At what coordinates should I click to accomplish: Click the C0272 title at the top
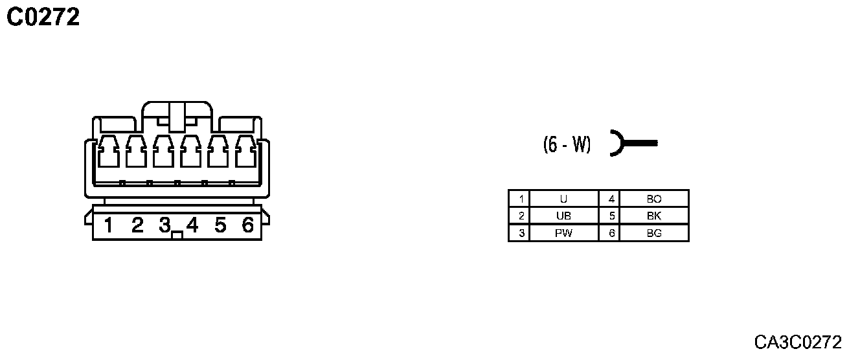[x=43, y=17]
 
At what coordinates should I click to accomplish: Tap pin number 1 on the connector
[x=109, y=225]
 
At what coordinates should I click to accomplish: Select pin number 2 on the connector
[x=137, y=225]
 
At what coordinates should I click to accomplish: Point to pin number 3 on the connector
[x=164, y=225]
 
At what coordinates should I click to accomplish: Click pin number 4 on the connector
[x=192, y=225]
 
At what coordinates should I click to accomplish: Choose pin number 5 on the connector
[x=220, y=225]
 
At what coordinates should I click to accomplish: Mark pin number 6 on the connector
[x=247, y=225]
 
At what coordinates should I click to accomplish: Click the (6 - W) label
[x=567, y=144]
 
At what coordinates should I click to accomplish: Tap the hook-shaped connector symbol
[x=631, y=143]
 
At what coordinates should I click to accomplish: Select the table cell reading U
[x=563, y=199]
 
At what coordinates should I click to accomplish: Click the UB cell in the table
[x=563, y=216]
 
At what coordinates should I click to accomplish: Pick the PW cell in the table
[x=563, y=233]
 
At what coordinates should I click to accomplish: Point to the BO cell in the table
[x=654, y=199]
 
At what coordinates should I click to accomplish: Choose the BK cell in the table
[x=654, y=216]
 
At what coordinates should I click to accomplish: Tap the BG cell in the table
[x=654, y=233]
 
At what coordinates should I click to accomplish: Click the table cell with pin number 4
[x=611, y=199]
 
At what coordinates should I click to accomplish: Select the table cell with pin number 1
[x=520, y=199]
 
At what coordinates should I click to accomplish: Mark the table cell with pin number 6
[x=611, y=233]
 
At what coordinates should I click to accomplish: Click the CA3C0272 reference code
[x=797, y=341]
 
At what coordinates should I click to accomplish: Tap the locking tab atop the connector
[x=177, y=115]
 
